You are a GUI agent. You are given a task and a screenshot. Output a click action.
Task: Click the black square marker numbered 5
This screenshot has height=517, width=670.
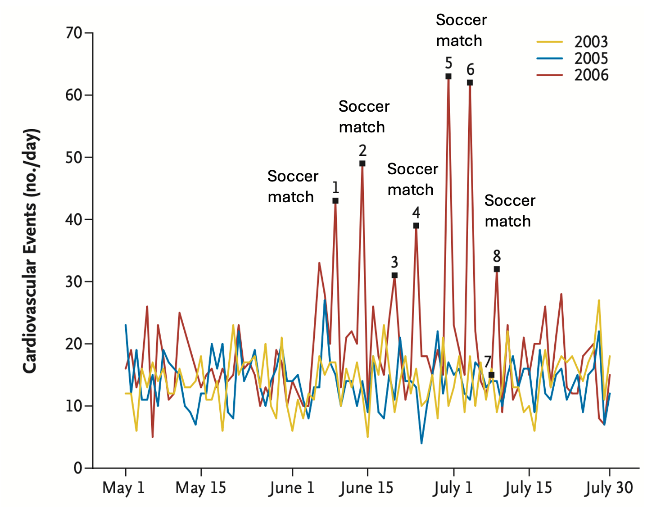(448, 77)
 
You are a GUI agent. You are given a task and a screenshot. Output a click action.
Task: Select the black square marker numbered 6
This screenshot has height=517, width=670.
(470, 82)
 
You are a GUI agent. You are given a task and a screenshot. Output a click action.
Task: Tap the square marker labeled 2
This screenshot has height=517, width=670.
(362, 163)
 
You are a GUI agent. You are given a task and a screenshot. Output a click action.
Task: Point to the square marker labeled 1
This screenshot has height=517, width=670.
(335, 201)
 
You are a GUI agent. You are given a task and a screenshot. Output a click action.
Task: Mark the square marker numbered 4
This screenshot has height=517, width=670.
(416, 226)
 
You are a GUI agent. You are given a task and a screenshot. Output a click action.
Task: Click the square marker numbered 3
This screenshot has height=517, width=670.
(394, 275)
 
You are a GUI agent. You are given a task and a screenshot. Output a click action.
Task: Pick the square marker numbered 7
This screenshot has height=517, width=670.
(491, 375)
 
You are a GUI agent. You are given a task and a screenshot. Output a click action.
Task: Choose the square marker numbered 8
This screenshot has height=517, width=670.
(497, 269)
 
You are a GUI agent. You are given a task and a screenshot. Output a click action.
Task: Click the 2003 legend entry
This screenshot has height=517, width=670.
(572, 42)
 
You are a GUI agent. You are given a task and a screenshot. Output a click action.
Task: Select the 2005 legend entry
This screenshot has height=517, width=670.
(572, 59)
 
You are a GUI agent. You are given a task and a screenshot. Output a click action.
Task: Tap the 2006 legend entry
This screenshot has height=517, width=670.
(572, 75)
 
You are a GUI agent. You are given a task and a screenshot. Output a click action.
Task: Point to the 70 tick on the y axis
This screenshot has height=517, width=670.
(74, 33)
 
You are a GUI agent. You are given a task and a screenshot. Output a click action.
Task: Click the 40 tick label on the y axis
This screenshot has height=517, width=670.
(74, 220)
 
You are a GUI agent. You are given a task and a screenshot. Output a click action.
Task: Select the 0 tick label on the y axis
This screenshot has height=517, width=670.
(78, 468)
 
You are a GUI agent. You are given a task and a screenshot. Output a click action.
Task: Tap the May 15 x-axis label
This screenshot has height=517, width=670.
(201, 488)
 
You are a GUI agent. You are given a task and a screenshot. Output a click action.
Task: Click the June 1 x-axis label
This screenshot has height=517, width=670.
(292, 488)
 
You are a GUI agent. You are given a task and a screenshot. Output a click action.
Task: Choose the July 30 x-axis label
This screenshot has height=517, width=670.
(609, 488)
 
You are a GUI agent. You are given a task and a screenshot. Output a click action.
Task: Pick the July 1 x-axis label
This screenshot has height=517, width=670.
(453, 488)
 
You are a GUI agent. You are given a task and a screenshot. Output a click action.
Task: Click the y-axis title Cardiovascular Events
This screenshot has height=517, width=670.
(31, 251)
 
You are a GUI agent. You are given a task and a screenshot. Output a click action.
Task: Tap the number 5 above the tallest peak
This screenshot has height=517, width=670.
(448, 63)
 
